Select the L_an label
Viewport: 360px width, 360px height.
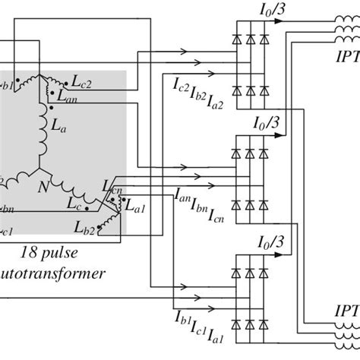tap(71, 96)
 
